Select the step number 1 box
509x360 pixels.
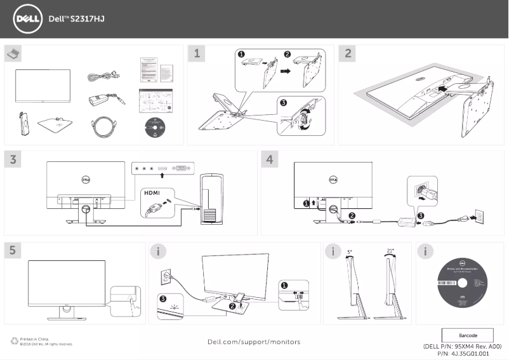click(198, 54)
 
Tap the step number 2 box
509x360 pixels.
click(348, 54)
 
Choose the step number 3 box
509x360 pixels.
click(13, 159)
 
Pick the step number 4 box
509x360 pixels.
click(270, 159)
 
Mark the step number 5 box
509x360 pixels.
click(13, 251)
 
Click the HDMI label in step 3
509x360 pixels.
click(152, 192)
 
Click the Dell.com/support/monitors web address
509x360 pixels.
click(254, 342)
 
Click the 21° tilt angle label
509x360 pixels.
click(390, 251)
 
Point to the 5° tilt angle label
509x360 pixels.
click(350, 251)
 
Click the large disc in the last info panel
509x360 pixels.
click(461, 284)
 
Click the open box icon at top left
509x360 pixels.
click(13, 53)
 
